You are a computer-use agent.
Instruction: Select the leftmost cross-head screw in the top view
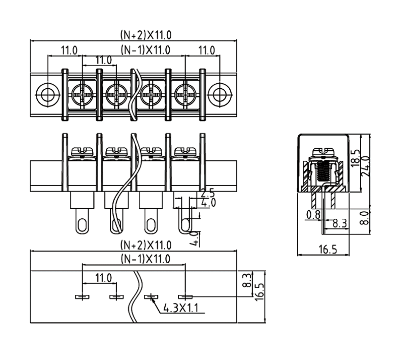[x=83, y=94]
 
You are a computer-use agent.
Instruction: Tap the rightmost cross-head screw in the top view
[x=185, y=94]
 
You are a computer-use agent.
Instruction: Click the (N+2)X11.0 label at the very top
[x=146, y=35]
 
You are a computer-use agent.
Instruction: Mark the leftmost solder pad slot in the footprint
[x=83, y=296]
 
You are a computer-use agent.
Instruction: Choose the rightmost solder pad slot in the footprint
[x=185, y=296]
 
